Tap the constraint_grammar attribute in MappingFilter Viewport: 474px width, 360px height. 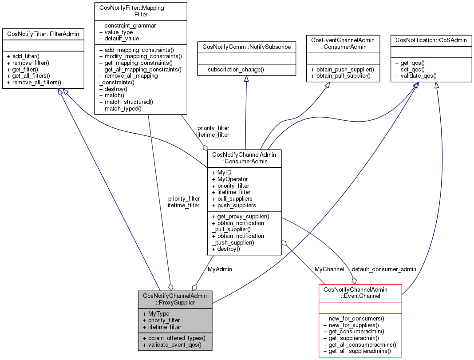pyautogui.click(x=127, y=26)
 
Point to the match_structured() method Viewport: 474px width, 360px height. pyautogui.click(x=126, y=102)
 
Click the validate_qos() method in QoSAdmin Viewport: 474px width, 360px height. pyautogui.click(x=415, y=76)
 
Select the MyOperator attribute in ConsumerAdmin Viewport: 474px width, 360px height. pyautogui.click(x=230, y=179)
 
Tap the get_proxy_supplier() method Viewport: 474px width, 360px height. pyautogui.click(x=241, y=216)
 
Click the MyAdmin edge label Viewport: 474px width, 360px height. pyautogui.click(x=220, y=269)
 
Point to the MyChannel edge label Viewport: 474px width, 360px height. pyautogui.click(x=329, y=269)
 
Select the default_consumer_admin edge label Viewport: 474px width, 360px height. pyautogui.click(x=384, y=269)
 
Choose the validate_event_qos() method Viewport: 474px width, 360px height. pyautogui.click(x=172, y=344)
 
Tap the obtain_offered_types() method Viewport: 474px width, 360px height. pyautogui.click(x=174, y=338)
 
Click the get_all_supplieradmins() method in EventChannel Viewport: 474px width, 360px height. pyautogui.click(x=357, y=351)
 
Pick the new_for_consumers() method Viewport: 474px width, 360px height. pyautogui.click(x=354, y=318)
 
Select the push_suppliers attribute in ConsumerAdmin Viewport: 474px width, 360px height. pyautogui.click(x=234, y=206)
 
